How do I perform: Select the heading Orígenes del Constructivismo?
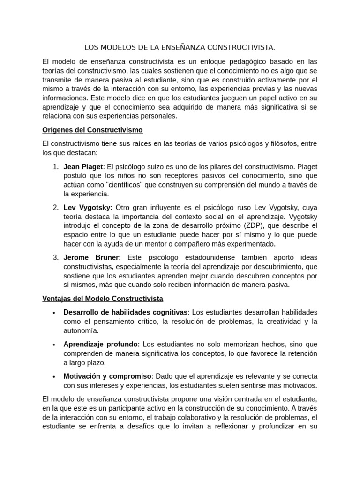(92, 129)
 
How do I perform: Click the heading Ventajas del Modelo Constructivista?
(102, 298)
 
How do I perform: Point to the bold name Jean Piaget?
(83, 166)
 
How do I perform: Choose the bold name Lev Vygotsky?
(87, 207)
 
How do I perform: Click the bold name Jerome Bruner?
(91, 257)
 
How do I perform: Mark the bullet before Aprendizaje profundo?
(54, 345)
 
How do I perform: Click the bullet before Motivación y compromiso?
(54, 376)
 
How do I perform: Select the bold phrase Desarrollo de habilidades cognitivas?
(126, 312)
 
